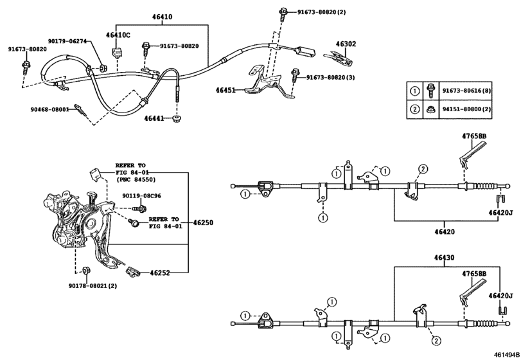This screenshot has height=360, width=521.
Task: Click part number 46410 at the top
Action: (162, 17)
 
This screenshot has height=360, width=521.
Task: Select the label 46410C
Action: (118, 35)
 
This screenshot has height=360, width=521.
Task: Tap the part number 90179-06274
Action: (67, 41)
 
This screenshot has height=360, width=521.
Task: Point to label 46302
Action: (346, 44)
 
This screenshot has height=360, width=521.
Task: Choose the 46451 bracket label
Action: (225, 90)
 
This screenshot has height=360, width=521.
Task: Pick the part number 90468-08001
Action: (50, 109)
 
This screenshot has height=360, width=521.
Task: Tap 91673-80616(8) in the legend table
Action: (466, 91)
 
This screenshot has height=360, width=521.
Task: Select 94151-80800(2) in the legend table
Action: (466, 109)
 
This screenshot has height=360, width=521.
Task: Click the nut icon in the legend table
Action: (431, 109)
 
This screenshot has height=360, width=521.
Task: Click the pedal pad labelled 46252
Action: (132, 272)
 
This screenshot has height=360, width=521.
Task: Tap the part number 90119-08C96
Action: (141, 196)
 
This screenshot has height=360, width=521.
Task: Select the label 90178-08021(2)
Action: (93, 285)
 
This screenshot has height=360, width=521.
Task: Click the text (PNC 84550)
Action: (136, 179)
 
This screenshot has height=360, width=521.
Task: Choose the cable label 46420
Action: (445, 231)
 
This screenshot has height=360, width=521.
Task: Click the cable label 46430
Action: (445, 258)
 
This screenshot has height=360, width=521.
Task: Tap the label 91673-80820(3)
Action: (330, 77)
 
